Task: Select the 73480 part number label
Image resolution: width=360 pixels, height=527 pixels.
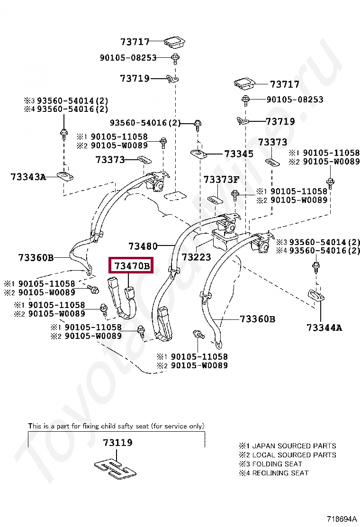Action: pyautogui.click(x=143, y=246)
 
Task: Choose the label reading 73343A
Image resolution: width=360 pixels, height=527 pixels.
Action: pyautogui.click(x=28, y=177)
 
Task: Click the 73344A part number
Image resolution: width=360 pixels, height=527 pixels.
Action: pyautogui.click(x=324, y=327)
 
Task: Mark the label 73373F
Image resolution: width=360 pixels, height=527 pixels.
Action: pyautogui.click(x=222, y=180)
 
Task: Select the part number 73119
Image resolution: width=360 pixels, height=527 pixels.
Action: pyautogui.click(x=117, y=443)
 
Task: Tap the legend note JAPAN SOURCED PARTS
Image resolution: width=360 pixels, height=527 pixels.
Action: pyautogui.click(x=294, y=446)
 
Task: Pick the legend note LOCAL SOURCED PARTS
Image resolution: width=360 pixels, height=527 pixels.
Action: pyautogui.click(x=294, y=455)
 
